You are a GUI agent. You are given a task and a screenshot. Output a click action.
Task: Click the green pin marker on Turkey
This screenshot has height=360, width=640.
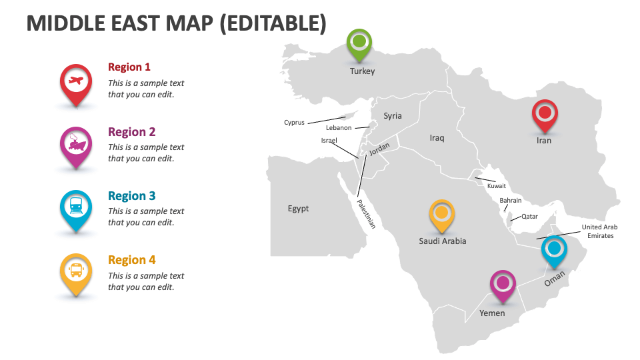click(359, 43)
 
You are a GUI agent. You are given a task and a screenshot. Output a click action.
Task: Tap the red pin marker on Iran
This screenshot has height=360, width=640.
click(545, 113)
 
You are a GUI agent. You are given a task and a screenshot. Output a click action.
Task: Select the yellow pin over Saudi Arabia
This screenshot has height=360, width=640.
click(441, 214)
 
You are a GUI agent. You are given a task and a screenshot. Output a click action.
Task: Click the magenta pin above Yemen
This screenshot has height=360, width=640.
click(503, 284)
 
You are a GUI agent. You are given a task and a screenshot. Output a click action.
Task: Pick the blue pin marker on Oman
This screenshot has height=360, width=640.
click(553, 250)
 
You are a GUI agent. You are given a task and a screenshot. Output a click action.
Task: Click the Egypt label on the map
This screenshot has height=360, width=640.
click(298, 209)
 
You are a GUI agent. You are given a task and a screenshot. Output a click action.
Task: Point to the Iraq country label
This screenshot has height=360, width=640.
click(437, 138)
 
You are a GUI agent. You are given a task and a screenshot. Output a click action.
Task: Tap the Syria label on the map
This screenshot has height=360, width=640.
click(393, 116)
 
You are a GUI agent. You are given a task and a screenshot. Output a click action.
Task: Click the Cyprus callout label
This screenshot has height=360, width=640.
click(294, 123)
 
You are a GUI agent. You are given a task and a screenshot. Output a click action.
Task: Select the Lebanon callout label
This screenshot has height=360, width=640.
click(339, 128)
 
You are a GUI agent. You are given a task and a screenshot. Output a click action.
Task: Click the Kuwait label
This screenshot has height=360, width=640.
click(497, 187)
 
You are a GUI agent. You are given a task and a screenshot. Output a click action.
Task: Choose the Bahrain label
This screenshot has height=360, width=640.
click(511, 201)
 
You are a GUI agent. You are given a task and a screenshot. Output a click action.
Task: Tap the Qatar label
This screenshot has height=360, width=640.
click(529, 217)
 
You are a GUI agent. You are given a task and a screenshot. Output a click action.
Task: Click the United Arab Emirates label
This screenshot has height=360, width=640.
click(600, 231)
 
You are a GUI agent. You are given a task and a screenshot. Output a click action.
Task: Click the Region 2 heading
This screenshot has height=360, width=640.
click(131, 132)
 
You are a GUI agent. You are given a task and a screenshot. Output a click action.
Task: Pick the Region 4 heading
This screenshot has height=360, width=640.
click(131, 260)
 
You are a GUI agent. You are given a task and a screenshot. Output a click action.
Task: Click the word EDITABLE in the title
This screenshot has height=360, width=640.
click(273, 23)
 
